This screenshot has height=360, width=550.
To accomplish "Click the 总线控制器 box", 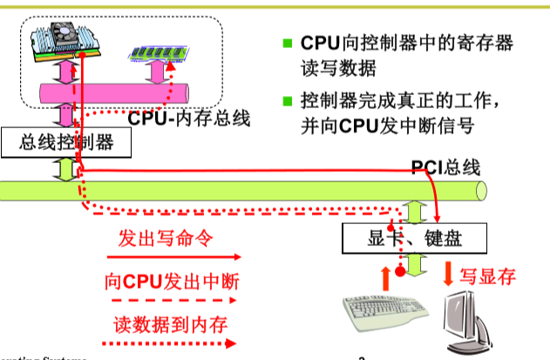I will click(66, 142).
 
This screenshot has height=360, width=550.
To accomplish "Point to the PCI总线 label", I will click(445, 167).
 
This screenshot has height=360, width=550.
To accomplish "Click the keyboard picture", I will click(384, 312).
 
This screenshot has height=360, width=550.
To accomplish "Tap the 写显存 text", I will click(488, 276).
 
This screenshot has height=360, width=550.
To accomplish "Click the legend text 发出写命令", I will click(166, 238).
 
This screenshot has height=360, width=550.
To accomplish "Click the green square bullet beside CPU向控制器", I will click(288, 43).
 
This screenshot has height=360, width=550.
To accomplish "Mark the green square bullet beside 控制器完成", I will click(288, 100).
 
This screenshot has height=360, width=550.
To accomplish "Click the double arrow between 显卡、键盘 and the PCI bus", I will click(414, 212).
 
